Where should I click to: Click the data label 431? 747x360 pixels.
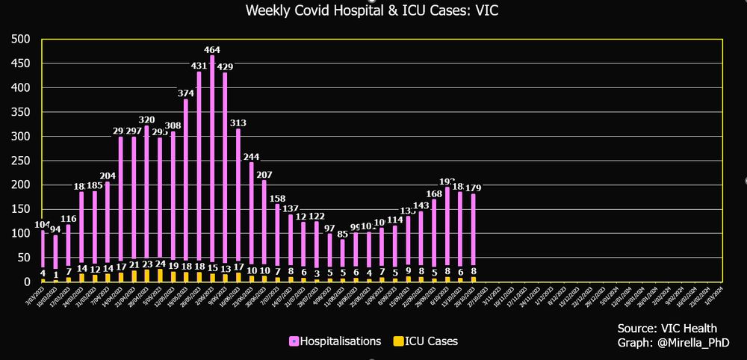(x=199, y=65)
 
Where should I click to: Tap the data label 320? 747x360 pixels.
(x=146, y=120)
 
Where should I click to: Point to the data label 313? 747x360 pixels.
(x=238, y=122)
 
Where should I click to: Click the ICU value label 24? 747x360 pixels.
(x=159, y=264)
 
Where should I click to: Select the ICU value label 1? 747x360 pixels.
(x=55, y=274)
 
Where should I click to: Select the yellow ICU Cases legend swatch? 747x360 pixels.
(x=399, y=341)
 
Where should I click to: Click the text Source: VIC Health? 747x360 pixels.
(x=667, y=329)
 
